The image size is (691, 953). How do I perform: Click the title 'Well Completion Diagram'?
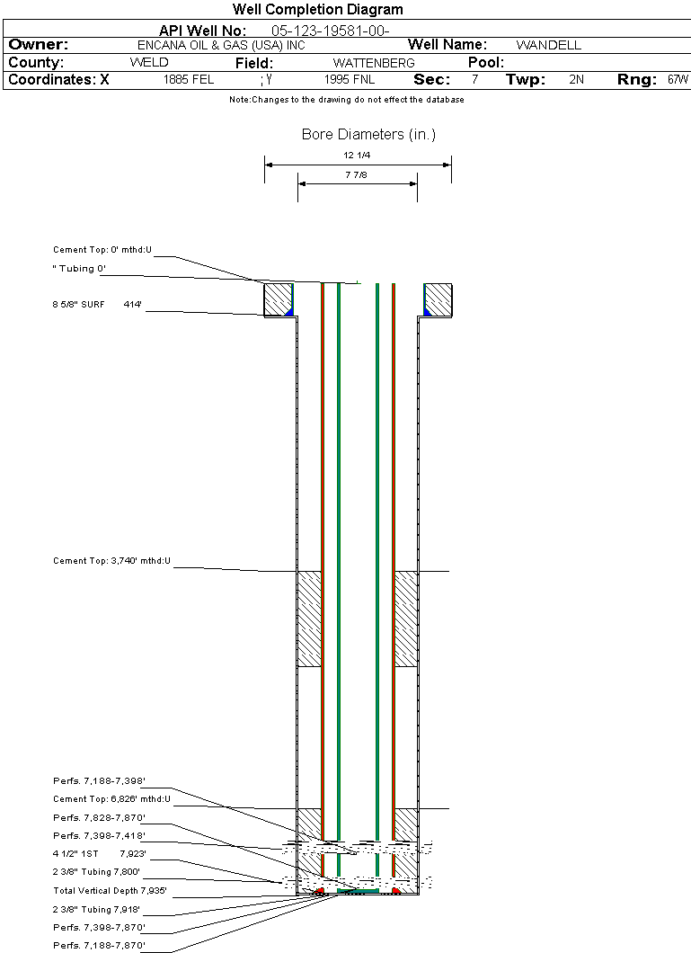click(317, 9)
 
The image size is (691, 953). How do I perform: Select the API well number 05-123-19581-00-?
click(331, 31)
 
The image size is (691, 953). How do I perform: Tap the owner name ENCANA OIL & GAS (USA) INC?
click(221, 46)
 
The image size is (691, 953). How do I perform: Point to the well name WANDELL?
click(548, 45)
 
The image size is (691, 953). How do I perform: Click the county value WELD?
click(149, 63)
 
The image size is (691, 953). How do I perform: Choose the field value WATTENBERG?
click(374, 63)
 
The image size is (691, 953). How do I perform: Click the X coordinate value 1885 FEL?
click(188, 80)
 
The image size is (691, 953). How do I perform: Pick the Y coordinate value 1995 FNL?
click(350, 80)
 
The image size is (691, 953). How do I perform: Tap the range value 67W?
click(678, 80)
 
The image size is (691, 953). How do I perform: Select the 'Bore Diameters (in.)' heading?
click(368, 134)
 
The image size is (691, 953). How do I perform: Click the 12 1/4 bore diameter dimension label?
click(357, 155)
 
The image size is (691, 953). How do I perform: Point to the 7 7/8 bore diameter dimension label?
click(357, 175)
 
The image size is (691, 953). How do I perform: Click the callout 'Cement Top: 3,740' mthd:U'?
click(111, 561)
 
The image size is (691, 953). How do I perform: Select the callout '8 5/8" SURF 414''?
click(97, 304)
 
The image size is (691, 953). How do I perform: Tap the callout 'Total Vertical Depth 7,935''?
click(110, 891)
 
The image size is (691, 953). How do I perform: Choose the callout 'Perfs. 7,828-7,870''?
click(99, 817)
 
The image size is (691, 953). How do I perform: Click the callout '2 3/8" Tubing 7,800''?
click(96, 872)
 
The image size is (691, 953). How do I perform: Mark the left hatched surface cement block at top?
click(279, 299)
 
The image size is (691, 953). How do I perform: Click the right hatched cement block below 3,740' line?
click(406, 619)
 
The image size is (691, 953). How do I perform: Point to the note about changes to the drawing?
click(347, 100)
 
